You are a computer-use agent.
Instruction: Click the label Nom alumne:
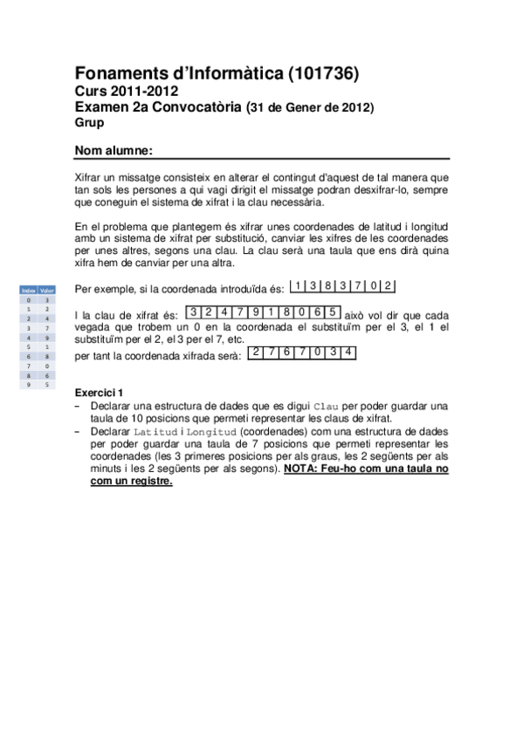[x=114, y=150]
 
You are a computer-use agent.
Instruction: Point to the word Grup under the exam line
[x=89, y=122]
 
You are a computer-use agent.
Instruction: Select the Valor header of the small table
[x=47, y=290]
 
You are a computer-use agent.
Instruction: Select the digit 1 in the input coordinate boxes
[x=299, y=285]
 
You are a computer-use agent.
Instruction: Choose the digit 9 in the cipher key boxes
[x=256, y=312]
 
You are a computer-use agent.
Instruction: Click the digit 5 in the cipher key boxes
[x=333, y=312]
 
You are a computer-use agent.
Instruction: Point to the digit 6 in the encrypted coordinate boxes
[x=287, y=352]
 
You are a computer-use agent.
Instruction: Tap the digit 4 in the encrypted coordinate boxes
[x=348, y=352]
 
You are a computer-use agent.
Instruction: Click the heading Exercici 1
[x=100, y=392]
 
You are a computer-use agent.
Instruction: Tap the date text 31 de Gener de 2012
[x=311, y=107]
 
